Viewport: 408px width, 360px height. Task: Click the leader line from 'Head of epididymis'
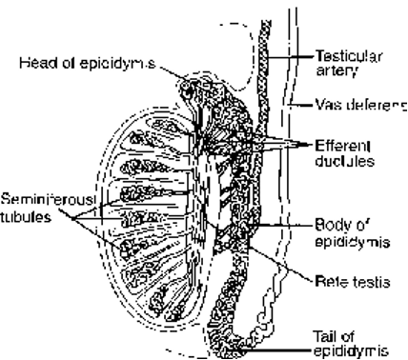[172, 71]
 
